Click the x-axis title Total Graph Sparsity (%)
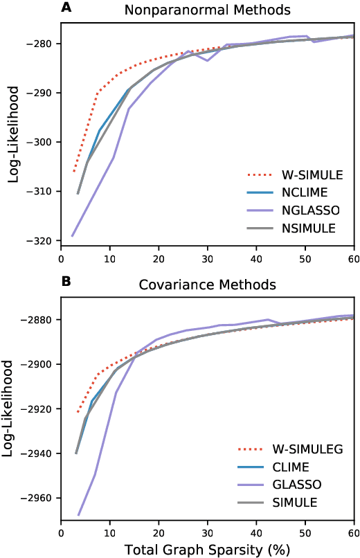(x=208, y=550)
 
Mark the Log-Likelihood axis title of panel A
(x=13, y=138)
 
